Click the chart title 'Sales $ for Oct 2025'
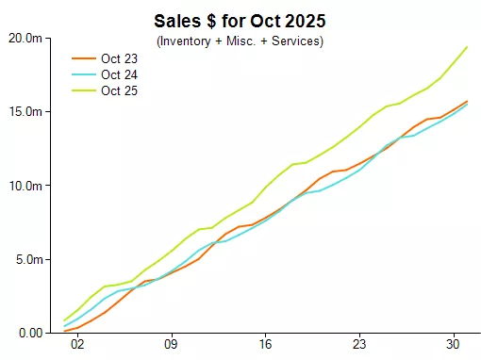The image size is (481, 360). coord(240,21)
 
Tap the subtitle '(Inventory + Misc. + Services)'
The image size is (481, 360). coord(240,41)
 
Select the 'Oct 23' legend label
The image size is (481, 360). coord(119,58)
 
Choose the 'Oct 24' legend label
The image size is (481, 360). coord(119,74)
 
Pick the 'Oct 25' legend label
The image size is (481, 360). coord(119,90)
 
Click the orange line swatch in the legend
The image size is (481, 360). coord(84,58)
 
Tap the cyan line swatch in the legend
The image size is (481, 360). coord(84,74)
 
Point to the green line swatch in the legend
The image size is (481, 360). coord(84,90)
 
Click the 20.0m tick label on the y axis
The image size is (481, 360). coord(25,39)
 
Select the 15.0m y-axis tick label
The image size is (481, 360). coord(25,111)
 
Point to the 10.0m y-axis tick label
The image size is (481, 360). coord(25,186)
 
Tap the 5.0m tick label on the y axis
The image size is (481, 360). coord(29,259)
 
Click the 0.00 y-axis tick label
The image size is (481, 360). coord(31,333)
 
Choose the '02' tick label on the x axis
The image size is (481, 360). coord(77,344)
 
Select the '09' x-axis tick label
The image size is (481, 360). coord(171,344)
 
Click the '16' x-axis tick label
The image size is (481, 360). coord(265,344)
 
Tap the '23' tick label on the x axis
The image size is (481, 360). coord(359,344)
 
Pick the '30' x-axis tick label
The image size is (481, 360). coord(453,344)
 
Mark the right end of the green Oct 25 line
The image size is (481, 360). coord(467,47)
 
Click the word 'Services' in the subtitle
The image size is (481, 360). coord(295,41)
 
